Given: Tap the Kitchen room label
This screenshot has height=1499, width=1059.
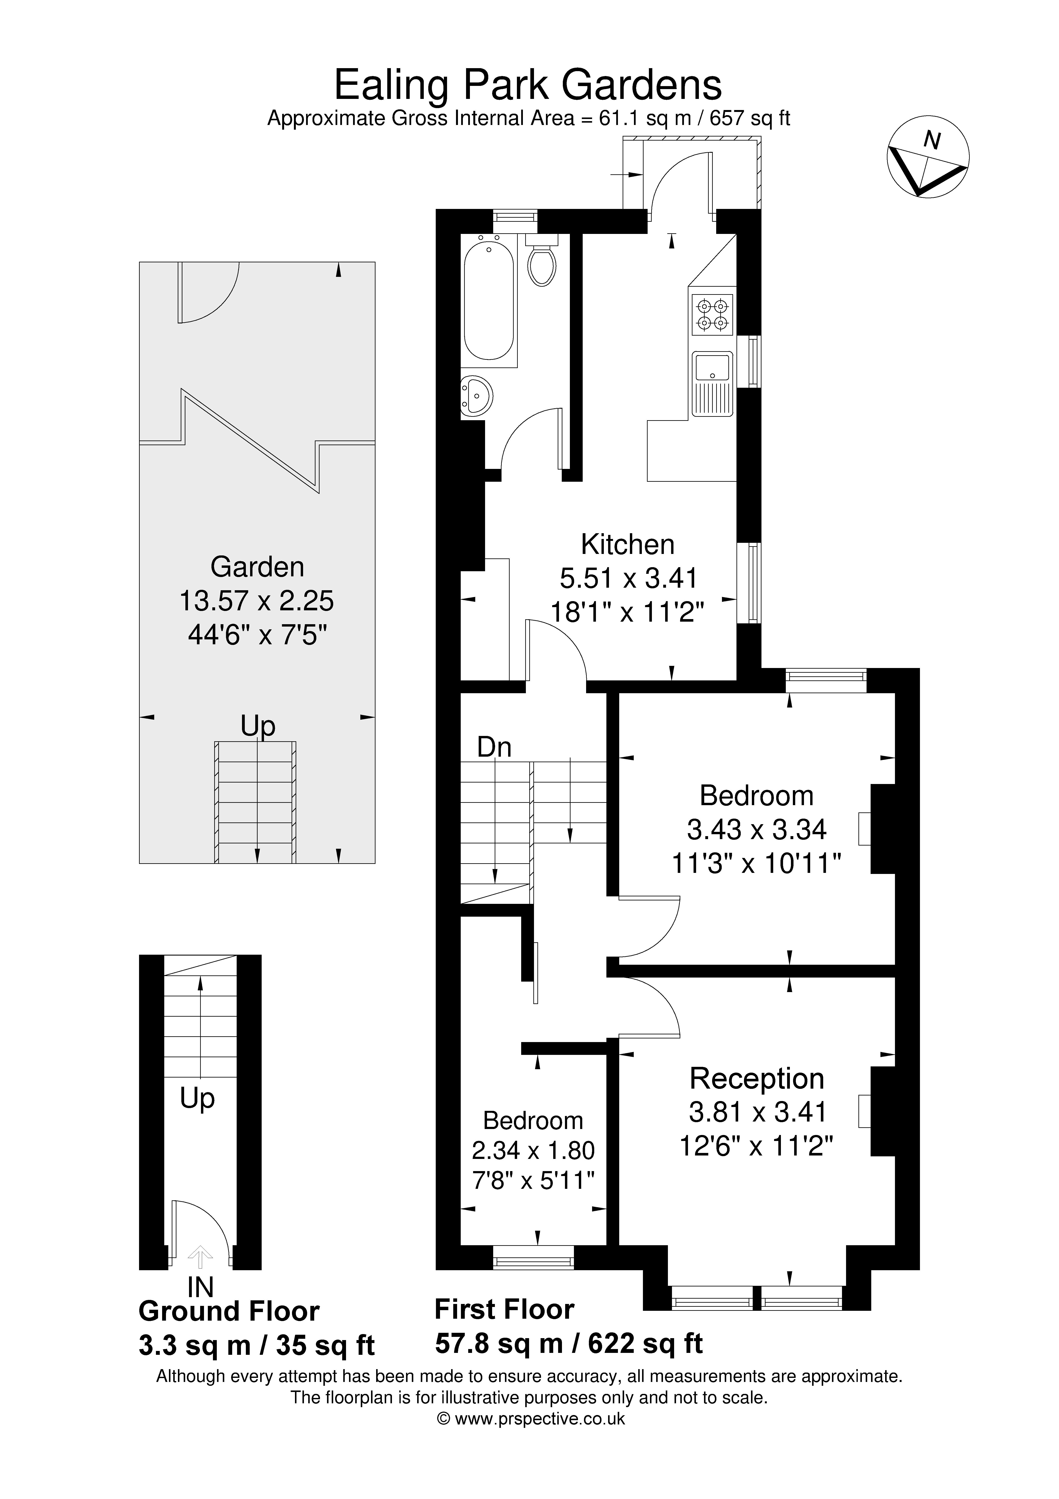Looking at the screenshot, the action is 628,545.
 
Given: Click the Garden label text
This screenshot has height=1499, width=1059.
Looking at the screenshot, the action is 257,567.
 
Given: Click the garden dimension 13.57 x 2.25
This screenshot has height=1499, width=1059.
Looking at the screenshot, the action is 257,601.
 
